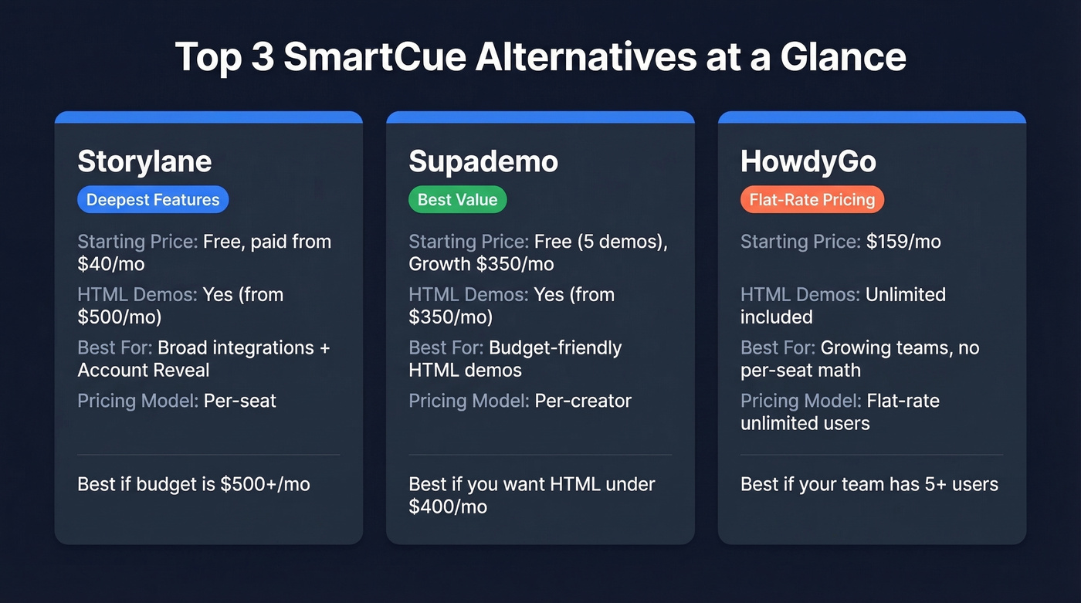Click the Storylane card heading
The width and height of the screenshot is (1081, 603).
click(x=144, y=161)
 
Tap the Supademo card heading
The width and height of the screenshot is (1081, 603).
click(x=483, y=161)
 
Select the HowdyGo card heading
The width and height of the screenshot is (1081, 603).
click(x=808, y=161)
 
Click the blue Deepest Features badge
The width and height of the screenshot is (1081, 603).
click(x=153, y=200)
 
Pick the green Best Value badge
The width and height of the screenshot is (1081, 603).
click(x=457, y=200)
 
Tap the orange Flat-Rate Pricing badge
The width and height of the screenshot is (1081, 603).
click(x=812, y=200)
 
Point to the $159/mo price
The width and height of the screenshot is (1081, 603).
click(x=903, y=242)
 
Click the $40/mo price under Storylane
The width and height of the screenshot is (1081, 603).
click(x=110, y=264)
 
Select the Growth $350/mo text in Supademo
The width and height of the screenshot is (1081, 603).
click(x=481, y=264)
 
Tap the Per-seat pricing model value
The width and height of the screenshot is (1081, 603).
click(x=239, y=401)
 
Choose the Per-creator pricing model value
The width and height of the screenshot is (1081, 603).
click(x=583, y=401)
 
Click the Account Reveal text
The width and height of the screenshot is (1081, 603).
click(x=144, y=370)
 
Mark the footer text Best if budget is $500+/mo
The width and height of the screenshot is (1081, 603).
click(x=193, y=484)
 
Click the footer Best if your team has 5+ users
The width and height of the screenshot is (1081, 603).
click(x=869, y=484)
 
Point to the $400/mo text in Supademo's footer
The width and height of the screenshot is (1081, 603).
click(x=448, y=507)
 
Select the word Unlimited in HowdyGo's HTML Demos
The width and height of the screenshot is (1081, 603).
click(x=905, y=295)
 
